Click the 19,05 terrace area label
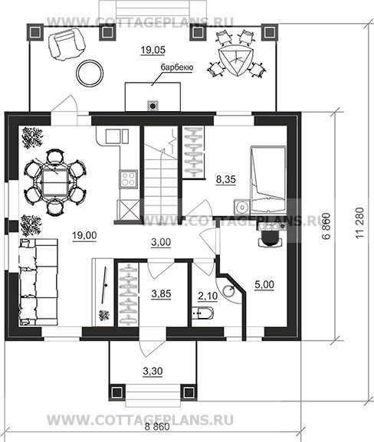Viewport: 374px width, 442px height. (153, 51)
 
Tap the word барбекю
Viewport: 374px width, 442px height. (177, 67)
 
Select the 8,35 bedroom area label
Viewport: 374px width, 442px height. (225, 179)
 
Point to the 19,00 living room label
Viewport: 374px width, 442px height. (84, 235)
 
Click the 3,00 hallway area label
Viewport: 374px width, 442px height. (161, 242)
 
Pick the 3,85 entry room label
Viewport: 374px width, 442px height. (161, 294)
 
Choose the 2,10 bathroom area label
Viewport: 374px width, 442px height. (208, 296)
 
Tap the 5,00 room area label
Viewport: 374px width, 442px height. (264, 285)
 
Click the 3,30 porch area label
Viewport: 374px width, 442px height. (153, 372)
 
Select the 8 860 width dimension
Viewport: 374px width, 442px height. (157, 427)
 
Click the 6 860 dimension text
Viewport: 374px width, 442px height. (326, 226)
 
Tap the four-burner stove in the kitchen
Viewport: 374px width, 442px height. (128, 178)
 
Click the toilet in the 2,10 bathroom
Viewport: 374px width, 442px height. (203, 313)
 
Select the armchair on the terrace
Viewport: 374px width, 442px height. (66, 45)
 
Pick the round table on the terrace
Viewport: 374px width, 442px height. (90, 74)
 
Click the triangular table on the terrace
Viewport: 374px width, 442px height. (236, 60)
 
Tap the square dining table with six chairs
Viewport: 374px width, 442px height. (54, 182)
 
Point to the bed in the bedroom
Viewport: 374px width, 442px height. (268, 179)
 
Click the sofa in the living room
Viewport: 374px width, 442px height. (38, 282)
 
